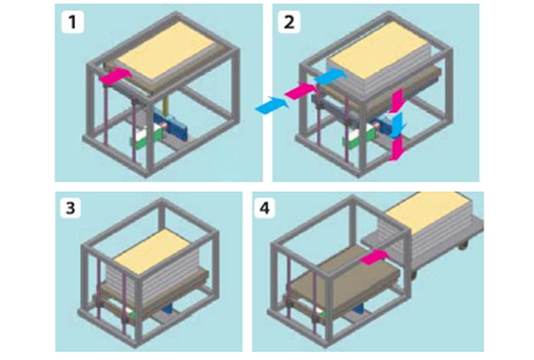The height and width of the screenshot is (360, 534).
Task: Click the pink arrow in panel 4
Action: (x=375, y=257)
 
